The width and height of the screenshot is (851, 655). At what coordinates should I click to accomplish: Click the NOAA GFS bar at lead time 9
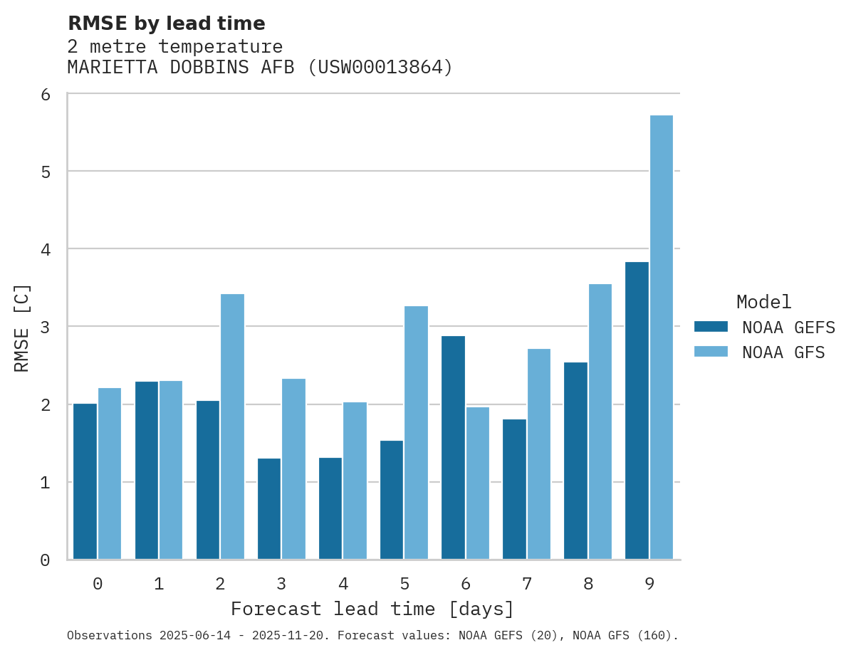pyautogui.click(x=661, y=337)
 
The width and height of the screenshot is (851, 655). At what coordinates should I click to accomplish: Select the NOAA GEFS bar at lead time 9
pyautogui.click(x=637, y=411)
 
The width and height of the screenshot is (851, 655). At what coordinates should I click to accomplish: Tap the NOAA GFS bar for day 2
pyautogui.click(x=232, y=426)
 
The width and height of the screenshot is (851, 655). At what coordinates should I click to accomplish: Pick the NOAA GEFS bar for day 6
pyautogui.click(x=453, y=448)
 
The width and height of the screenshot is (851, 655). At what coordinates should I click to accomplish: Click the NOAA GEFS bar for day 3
pyautogui.click(x=269, y=509)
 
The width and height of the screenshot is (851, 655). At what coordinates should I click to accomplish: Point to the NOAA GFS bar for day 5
pyautogui.click(x=416, y=433)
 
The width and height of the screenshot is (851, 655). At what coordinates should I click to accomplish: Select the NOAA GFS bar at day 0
pyautogui.click(x=110, y=473)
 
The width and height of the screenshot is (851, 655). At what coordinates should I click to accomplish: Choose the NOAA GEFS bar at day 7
pyautogui.click(x=514, y=489)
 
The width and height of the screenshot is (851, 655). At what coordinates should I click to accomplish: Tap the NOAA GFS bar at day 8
pyautogui.click(x=600, y=421)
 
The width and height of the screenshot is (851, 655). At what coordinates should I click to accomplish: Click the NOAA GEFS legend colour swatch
pyautogui.click(x=711, y=327)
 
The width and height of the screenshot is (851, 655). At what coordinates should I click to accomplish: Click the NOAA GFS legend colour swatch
pyautogui.click(x=711, y=352)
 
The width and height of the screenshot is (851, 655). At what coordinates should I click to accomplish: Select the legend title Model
pyautogui.click(x=763, y=302)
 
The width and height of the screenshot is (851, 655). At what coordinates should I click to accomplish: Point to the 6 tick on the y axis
pyautogui.click(x=45, y=95)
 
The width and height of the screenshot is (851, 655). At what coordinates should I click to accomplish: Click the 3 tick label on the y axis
pyautogui.click(x=45, y=327)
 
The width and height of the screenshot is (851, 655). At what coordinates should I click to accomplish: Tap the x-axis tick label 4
pyautogui.click(x=343, y=584)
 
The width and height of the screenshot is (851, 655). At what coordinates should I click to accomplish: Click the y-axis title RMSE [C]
pyautogui.click(x=22, y=327)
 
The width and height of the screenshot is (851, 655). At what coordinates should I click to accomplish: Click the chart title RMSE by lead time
pyautogui.click(x=166, y=23)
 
